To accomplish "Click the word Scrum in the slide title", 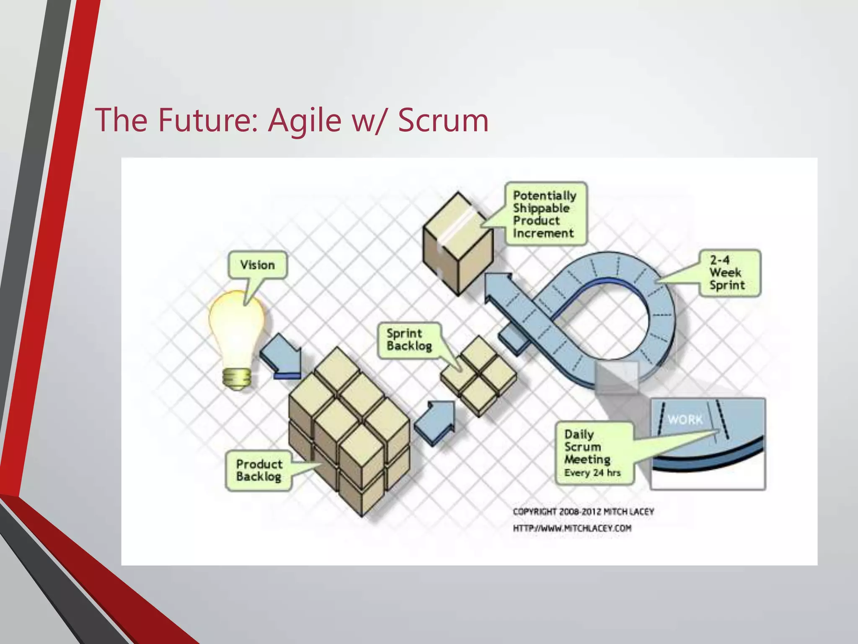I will pos(443,120).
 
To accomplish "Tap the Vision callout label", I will pos(258,265).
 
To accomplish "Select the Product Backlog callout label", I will pos(259,470).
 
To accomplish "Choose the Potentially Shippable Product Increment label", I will pos(544,214).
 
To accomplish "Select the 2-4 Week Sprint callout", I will pos(727,273).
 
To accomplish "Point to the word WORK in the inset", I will pos(685,419).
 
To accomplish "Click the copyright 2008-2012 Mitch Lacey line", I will pos(583,512).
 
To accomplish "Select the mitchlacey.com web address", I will pos(572,528).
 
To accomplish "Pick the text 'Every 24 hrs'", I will pos(592,473).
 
